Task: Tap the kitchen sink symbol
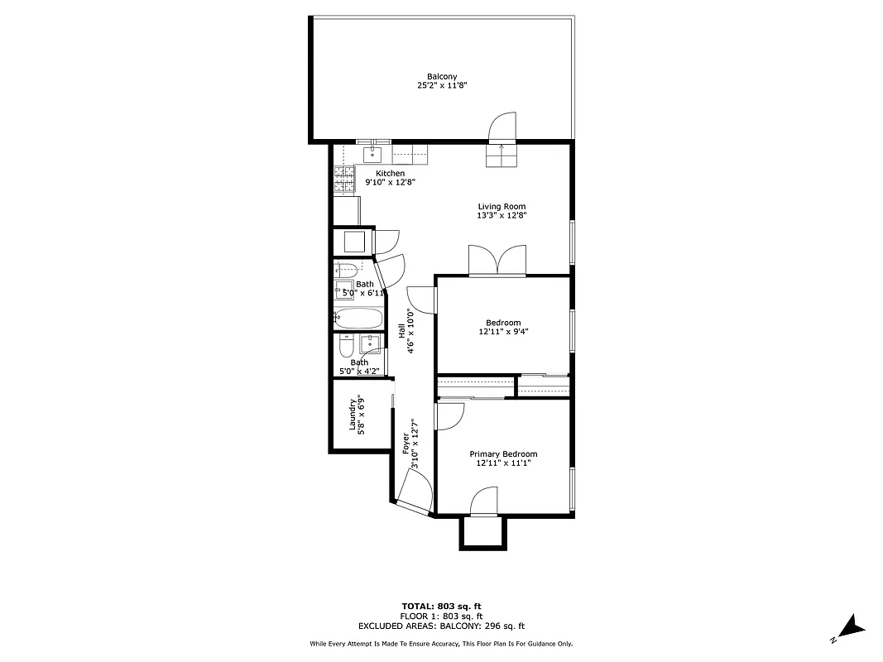(x=373, y=153)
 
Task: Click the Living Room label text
(x=501, y=207)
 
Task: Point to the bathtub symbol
(x=358, y=318)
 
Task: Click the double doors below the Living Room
(x=497, y=260)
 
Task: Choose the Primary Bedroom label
(x=503, y=454)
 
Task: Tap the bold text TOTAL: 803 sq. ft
(x=441, y=607)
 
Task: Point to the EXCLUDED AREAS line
(x=441, y=626)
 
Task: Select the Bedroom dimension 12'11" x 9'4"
(x=503, y=332)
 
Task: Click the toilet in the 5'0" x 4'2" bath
(x=347, y=345)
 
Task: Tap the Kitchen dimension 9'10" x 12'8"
(x=391, y=182)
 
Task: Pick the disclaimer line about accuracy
(x=441, y=644)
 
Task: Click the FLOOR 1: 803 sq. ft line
(x=441, y=616)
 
